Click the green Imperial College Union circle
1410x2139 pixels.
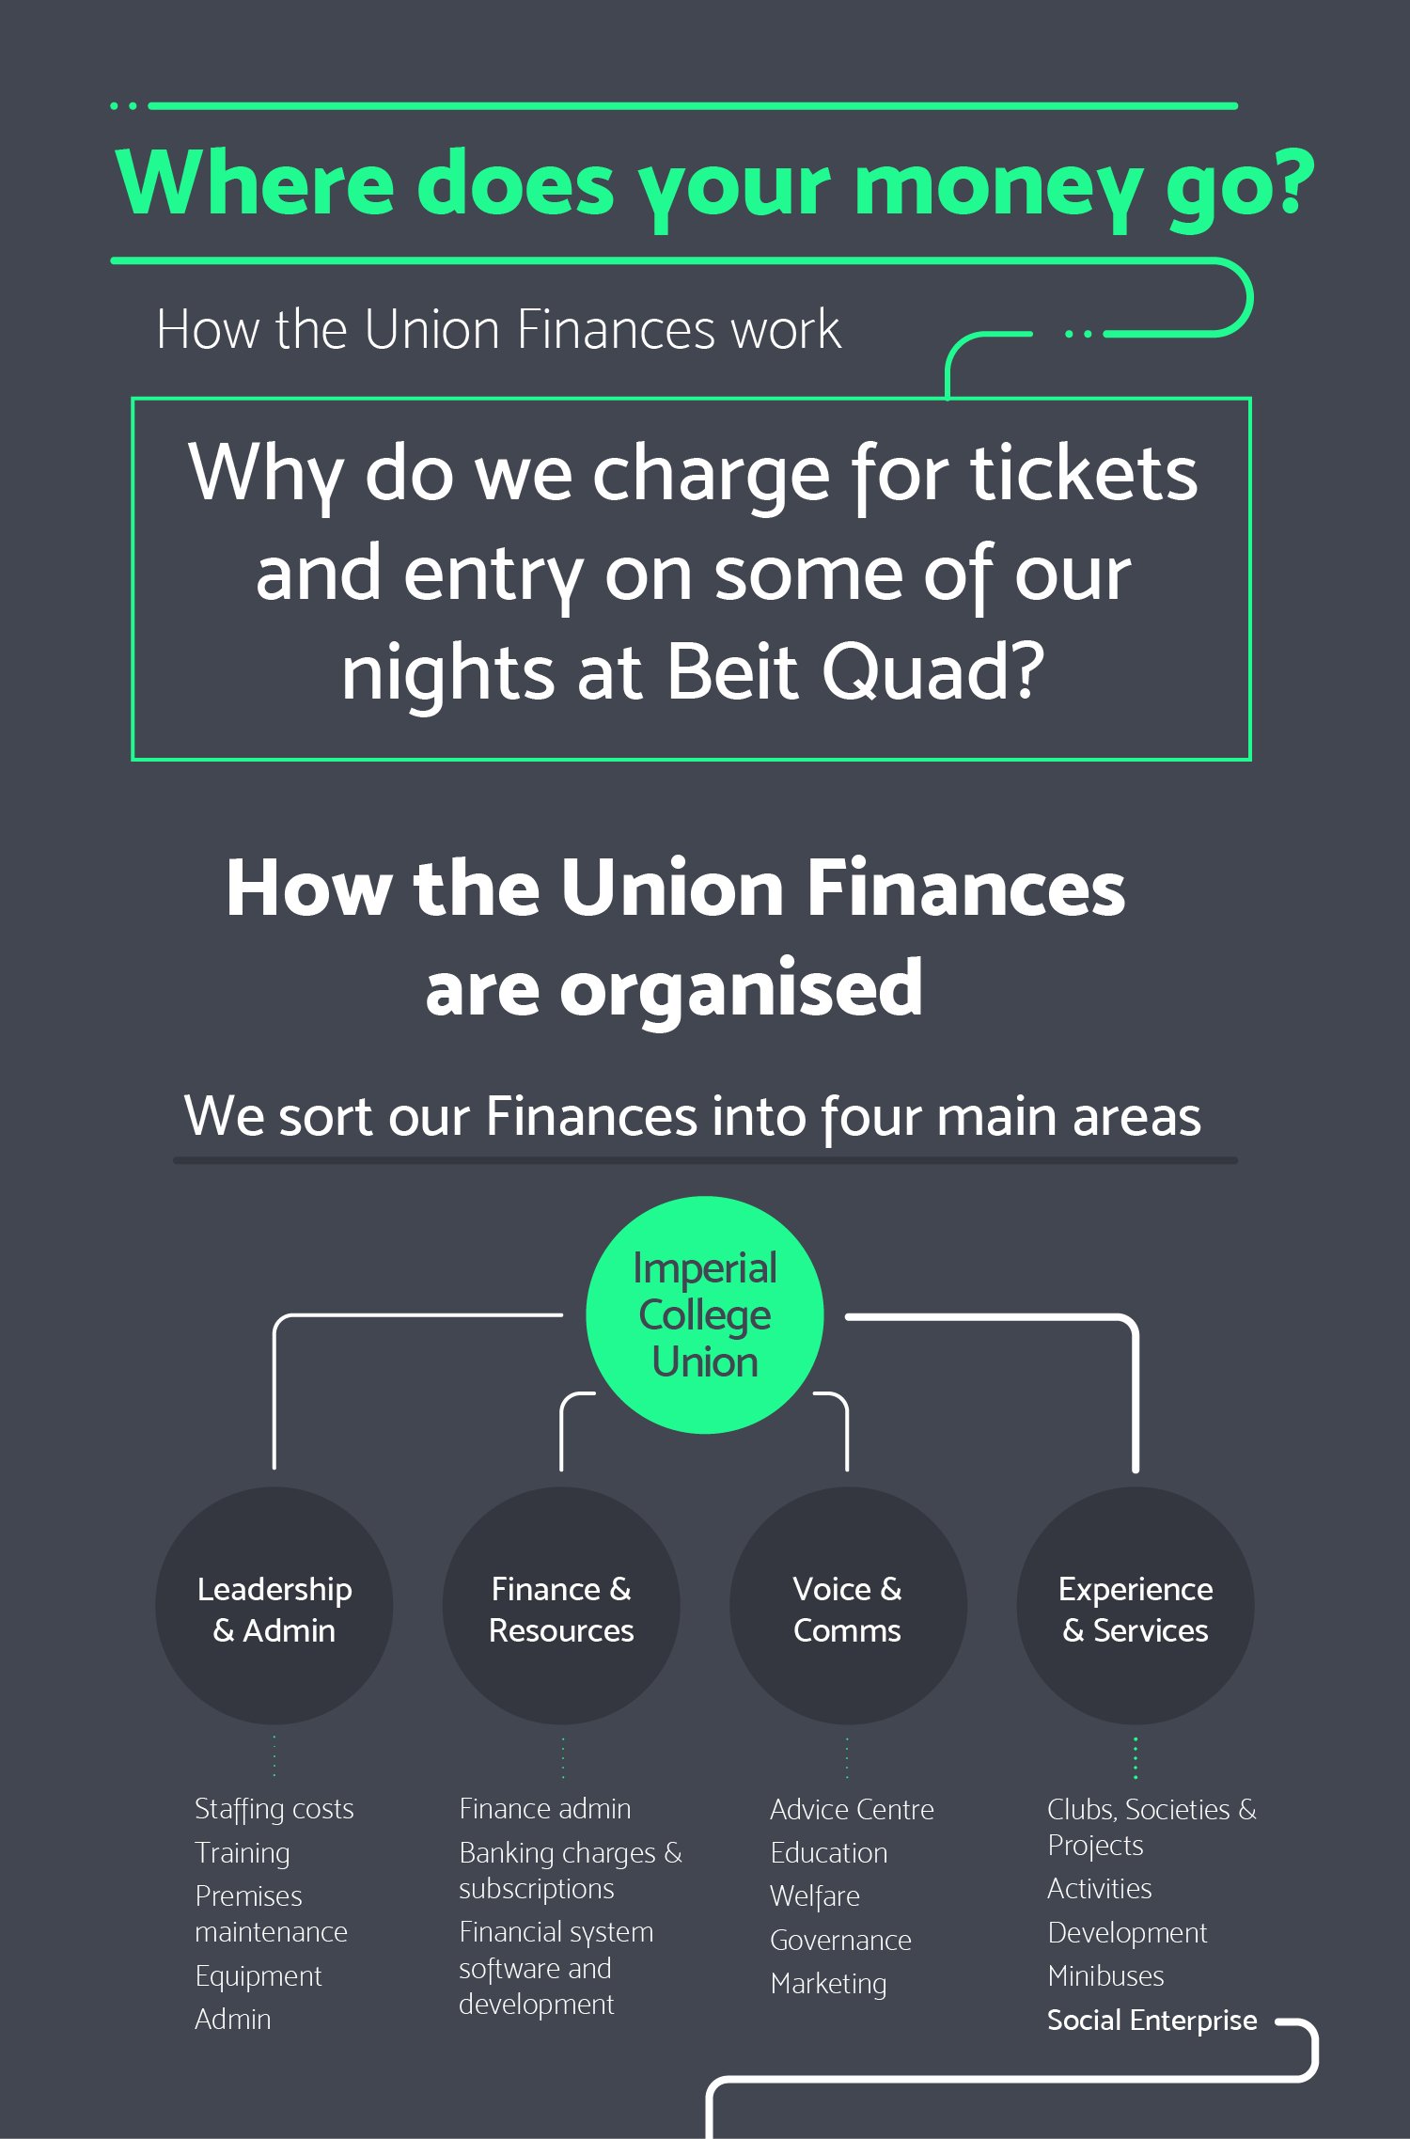pyautogui.click(x=705, y=1314)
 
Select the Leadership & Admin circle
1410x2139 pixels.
pyautogui.click(x=274, y=1606)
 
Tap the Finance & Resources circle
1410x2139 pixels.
pyautogui.click(x=561, y=1606)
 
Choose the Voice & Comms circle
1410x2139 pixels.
pyautogui.click(x=848, y=1606)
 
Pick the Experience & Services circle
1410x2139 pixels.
pyautogui.click(x=1136, y=1606)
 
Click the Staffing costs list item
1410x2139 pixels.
pyautogui.click(x=274, y=1809)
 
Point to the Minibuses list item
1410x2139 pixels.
pyautogui.click(x=1105, y=1975)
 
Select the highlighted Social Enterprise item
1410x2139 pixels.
pyautogui.click(x=1151, y=2020)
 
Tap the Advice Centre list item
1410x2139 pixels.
pyautogui.click(x=852, y=1809)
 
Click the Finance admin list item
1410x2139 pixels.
pyautogui.click(x=545, y=1809)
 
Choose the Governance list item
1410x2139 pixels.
pyautogui.click(x=840, y=1940)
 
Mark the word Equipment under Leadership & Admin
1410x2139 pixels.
pyautogui.click(x=258, y=1976)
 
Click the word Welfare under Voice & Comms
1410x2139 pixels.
pyautogui.click(x=815, y=1896)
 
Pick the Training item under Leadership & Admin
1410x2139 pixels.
pyautogui.click(x=243, y=1853)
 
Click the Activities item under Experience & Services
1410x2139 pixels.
pyautogui.click(x=1100, y=1889)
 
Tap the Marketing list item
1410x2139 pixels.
pyautogui.click(x=828, y=1984)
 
